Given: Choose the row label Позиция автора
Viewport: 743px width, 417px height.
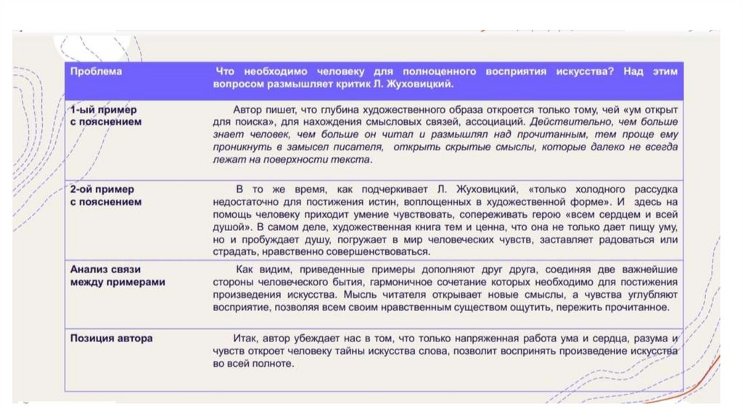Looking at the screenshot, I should click(111, 339).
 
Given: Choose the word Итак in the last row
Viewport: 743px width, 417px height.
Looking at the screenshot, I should click(244, 339).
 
